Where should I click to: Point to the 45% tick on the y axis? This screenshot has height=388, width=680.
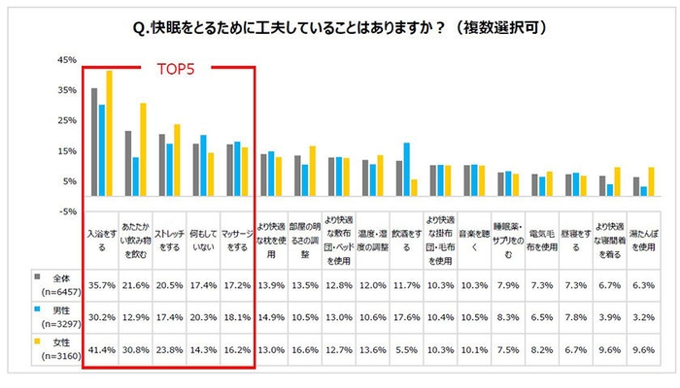coord(67,60)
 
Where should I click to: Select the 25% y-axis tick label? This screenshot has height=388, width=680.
coord(67,121)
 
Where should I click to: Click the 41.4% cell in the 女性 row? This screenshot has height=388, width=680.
coord(101,349)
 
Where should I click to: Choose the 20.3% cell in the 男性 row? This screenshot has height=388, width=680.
coord(203,316)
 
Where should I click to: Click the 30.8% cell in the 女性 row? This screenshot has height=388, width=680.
coord(135,349)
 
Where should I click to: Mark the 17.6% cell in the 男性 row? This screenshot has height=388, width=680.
coord(408,316)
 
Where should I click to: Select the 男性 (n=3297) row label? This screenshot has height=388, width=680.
coord(49,316)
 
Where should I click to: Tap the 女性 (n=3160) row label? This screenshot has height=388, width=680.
coord(49,349)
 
